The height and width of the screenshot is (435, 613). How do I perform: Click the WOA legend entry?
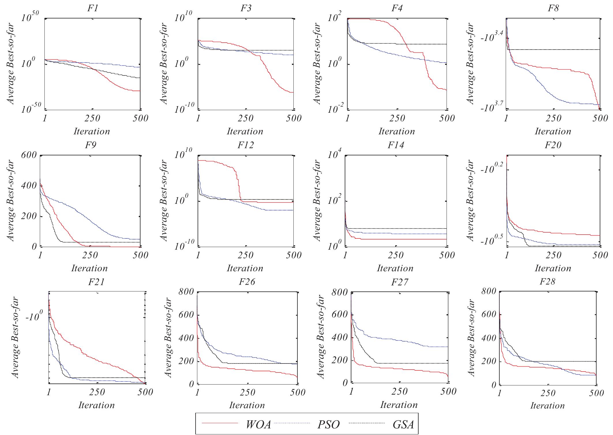click(x=258, y=424)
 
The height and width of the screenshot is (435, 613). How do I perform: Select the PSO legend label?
click(x=329, y=424)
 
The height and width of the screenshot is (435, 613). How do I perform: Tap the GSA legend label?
click(x=403, y=424)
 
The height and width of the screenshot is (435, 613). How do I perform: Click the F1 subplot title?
click(x=93, y=8)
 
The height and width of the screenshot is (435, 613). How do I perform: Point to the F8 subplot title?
click(x=553, y=8)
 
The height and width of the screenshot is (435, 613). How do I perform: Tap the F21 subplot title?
click(x=96, y=282)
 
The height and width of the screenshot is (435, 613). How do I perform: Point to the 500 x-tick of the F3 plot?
click(x=293, y=118)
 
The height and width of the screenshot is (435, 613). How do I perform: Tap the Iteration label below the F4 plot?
click(x=397, y=131)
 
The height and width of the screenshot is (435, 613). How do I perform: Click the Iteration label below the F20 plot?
click(x=553, y=268)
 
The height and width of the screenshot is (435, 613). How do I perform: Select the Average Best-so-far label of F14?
click(x=317, y=201)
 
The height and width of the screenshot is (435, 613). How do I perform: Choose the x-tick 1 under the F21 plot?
click(x=49, y=392)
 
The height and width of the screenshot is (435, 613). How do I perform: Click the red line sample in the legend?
click(x=220, y=423)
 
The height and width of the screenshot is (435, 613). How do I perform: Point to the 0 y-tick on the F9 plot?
click(x=34, y=247)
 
